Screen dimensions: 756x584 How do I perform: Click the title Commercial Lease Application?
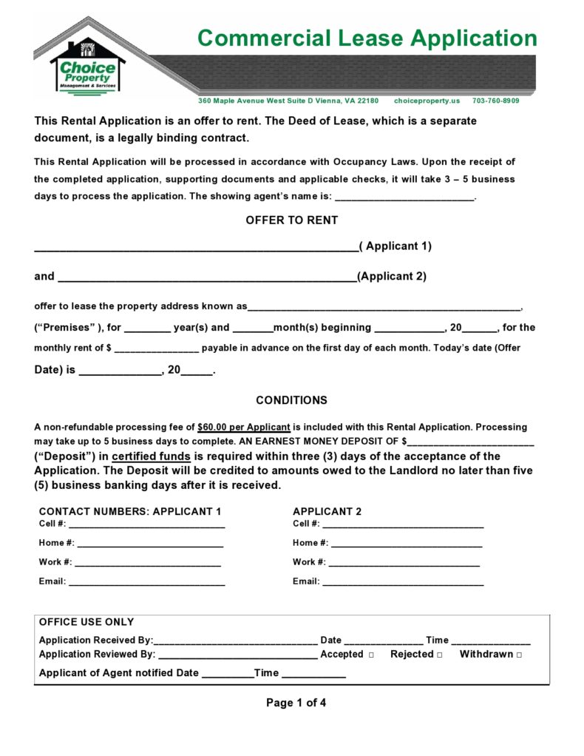367,38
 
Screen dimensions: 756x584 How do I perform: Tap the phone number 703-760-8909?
495,101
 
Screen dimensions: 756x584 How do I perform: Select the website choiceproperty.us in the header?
427,101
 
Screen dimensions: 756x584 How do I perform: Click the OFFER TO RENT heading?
291,220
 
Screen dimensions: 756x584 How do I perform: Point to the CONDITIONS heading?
291,400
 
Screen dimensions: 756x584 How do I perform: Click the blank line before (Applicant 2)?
207,278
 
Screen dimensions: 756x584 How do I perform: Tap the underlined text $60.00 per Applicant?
244,428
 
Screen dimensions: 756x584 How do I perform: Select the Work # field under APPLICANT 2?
404,563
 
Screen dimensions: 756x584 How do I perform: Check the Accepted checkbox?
370,655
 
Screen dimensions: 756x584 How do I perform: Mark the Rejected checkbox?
439,655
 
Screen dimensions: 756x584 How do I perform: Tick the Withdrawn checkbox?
519,655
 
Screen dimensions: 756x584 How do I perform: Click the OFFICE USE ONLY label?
86,622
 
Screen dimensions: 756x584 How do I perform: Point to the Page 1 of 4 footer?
296,703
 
